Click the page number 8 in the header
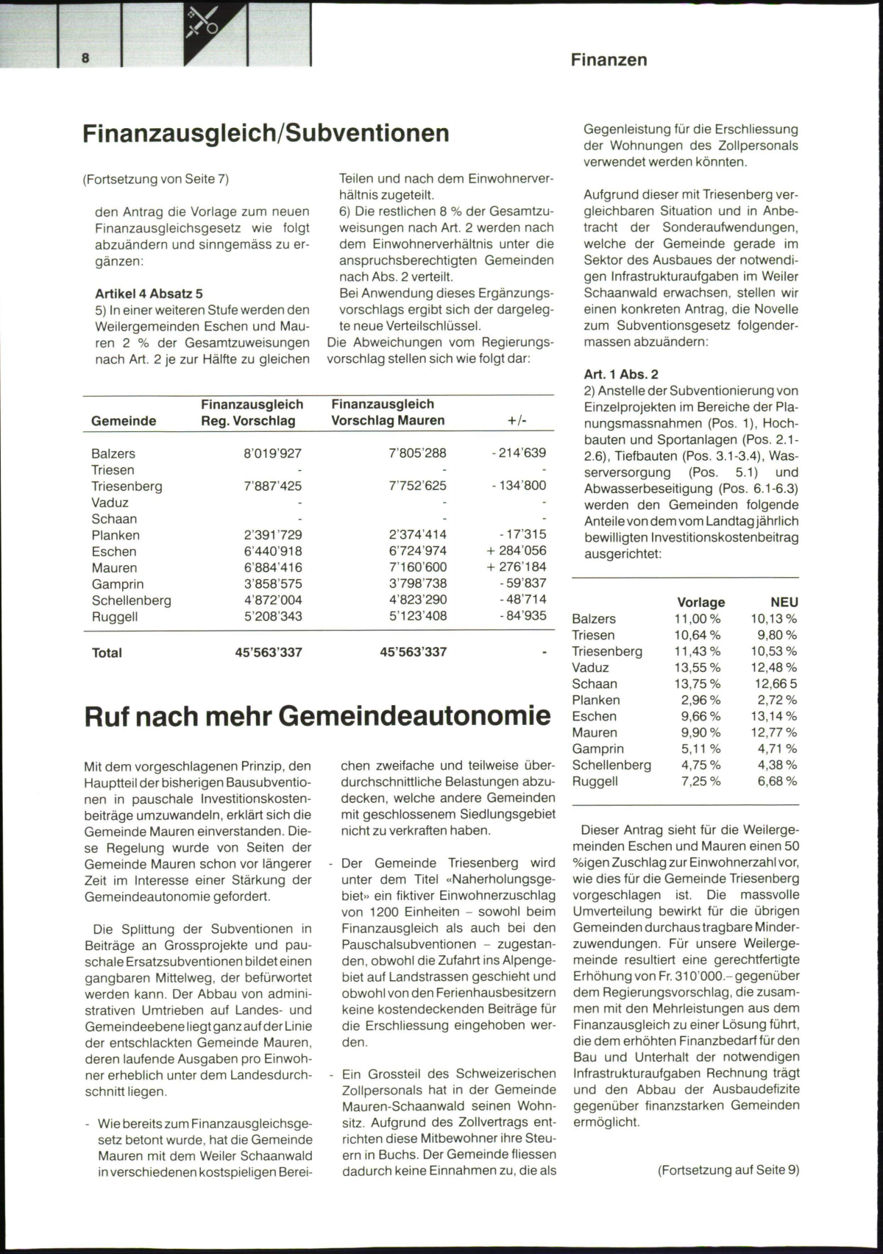click(x=86, y=58)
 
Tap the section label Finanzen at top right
click(x=609, y=60)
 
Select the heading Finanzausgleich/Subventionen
click(x=266, y=133)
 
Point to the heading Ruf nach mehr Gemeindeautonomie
click(x=317, y=716)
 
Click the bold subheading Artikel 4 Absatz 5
click(x=149, y=294)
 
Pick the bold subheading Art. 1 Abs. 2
click(x=621, y=374)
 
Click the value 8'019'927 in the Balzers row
click(x=272, y=453)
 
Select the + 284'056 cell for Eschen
click(x=516, y=550)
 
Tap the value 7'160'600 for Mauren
click(x=417, y=567)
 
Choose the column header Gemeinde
click(x=124, y=421)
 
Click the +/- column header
click(x=517, y=421)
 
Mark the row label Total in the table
click(x=107, y=653)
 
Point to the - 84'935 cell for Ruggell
click(x=519, y=615)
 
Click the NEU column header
click(x=784, y=602)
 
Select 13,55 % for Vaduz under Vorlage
click(x=697, y=667)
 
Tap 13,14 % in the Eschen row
click(x=773, y=716)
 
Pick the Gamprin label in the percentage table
click(x=597, y=748)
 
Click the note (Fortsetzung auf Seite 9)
click(x=728, y=1169)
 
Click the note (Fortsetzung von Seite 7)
click(x=156, y=179)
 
